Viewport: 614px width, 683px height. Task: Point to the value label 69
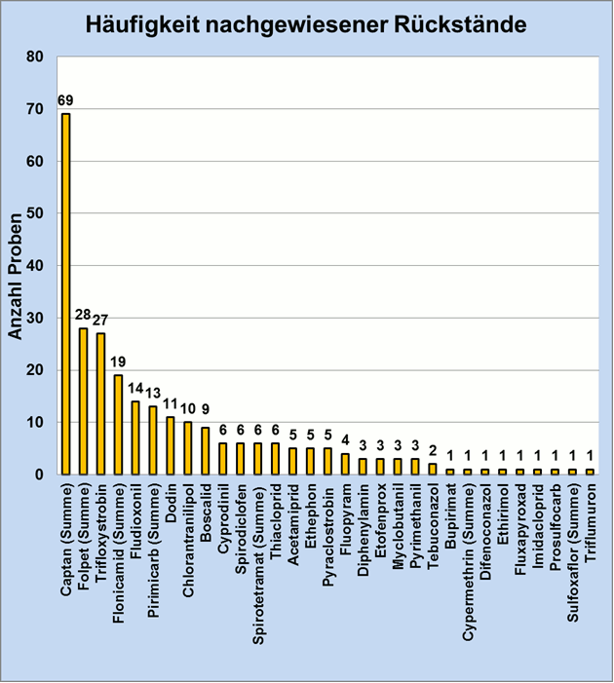click(65, 100)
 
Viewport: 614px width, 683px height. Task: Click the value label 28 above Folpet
click(83, 316)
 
